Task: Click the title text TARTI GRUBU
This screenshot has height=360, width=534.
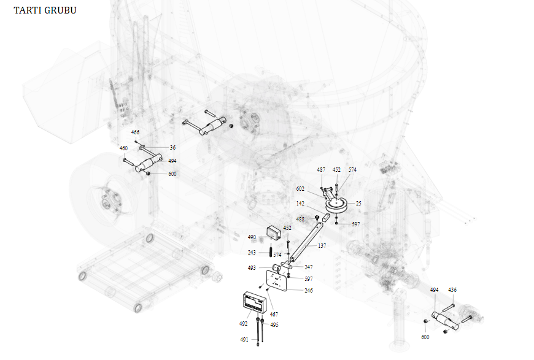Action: (45, 10)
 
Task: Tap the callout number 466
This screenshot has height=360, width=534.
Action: (135, 132)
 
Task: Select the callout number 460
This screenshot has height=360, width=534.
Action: (123, 148)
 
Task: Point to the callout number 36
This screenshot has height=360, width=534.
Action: (172, 148)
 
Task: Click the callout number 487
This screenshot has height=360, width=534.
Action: (321, 170)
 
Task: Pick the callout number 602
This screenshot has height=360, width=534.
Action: (300, 189)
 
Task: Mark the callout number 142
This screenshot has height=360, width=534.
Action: (300, 203)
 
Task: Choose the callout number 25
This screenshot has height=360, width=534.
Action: (358, 203)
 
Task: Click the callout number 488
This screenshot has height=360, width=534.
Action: (300, 219)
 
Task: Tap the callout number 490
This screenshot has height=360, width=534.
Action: (252, 237)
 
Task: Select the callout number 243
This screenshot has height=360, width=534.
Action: (252, 252)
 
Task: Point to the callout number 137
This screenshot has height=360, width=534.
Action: (322, 245)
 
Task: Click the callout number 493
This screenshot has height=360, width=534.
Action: (252, 268)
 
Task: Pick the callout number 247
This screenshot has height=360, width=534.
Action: (308, 267)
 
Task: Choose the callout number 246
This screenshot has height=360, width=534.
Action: (308, 291)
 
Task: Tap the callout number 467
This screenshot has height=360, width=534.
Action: (274, 315)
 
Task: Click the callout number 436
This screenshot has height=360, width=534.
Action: (452, 289)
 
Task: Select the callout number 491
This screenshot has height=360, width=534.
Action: (244, 339)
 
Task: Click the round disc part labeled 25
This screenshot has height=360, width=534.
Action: (336, 205)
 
